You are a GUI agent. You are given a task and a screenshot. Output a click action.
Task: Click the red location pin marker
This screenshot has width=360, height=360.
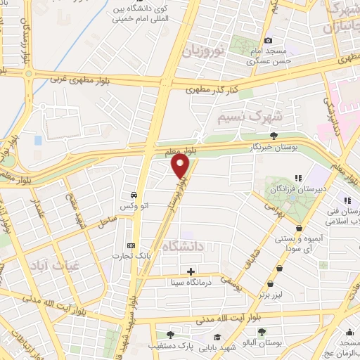point(181,167)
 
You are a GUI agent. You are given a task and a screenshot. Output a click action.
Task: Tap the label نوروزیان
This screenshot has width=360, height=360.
point(202,51)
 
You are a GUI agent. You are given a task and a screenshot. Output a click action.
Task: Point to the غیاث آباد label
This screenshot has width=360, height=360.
point(48,266)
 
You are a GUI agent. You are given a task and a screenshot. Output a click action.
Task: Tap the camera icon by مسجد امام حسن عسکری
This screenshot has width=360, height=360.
point(268,41)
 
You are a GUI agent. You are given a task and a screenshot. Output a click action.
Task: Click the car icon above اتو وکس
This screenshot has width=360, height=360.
point(133,194)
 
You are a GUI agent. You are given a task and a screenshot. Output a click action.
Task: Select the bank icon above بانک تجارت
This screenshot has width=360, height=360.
point(131,245)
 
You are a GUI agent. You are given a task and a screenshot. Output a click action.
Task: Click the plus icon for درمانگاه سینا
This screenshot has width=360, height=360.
point(191,271)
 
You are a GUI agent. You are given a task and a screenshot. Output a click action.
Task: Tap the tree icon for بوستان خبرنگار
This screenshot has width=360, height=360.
point(274,136)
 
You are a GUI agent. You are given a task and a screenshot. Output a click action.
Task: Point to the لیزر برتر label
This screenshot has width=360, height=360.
point(273,294)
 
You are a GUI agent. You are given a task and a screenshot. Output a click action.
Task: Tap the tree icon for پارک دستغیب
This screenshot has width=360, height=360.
point(167,334)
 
